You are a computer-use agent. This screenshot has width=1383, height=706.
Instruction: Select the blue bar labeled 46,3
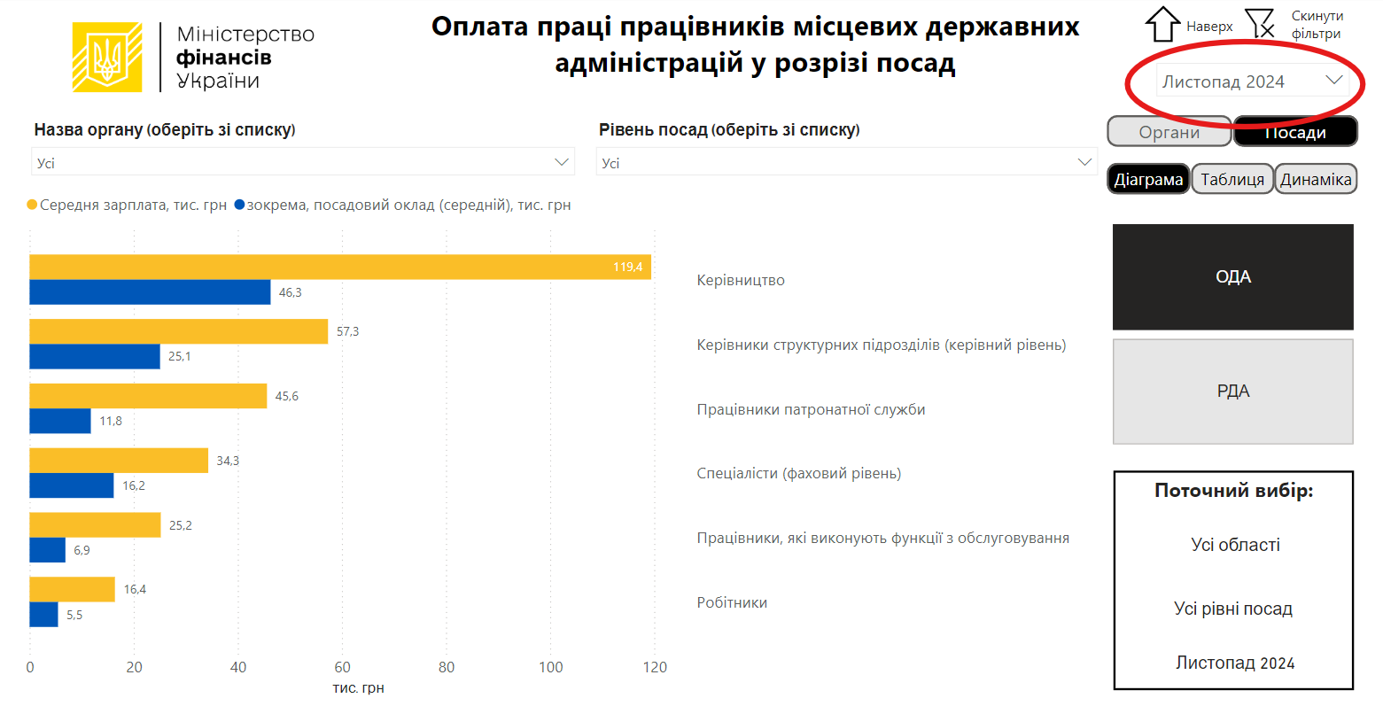(x=150, y=292)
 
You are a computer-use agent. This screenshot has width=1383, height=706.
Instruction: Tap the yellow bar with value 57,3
(x=178, y=331)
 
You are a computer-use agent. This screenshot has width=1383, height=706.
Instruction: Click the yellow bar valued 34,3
(x=119, y=461)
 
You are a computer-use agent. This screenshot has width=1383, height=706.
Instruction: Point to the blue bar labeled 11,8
(x=60, y=421)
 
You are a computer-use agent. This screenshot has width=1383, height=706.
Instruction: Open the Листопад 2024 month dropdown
(x=1252, y=81)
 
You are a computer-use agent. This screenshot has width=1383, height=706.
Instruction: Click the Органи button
(x=1169, y=132)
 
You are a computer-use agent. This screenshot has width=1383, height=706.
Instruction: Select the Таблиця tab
(x=1232, y=179)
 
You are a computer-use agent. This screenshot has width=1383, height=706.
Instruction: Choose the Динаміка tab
(x=1316, y=179)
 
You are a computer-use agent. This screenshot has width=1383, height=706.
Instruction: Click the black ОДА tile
(x=1232, y=277)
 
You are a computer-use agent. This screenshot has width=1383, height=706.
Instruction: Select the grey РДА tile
(x=1232, y=392)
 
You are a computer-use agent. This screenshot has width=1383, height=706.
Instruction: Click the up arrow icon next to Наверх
(x=1162, y=25)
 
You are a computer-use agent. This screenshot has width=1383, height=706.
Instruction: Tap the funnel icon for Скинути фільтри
(x=1260, y=24)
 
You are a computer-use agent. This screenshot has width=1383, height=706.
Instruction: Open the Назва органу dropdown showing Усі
(x=303, y=162)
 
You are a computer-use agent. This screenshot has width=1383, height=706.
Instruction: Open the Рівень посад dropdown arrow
(x=1084, y=162)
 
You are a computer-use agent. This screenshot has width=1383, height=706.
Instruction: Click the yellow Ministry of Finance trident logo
(x=107, y=58)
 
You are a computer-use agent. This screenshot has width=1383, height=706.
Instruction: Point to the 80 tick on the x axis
(x=447, y=667)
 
